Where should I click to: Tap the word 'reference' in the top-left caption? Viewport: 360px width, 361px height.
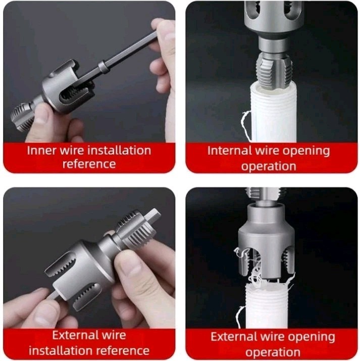pos(89,164)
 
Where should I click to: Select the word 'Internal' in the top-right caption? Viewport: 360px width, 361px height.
pos(230,151)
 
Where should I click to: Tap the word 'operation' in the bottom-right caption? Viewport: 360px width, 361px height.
pos(273,352)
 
